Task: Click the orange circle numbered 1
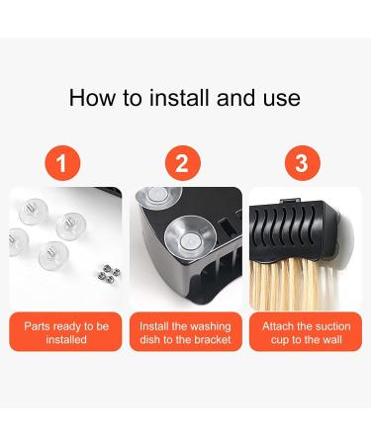pyautogui.click(x=62, y=163)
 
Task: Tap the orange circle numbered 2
pyautogui.click(x=183, y=163)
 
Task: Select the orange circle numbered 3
pyautogui.click(x=303, y=163)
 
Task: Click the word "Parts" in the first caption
pyautogui.click(x=37, y=326)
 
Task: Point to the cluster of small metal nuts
pyautogui.click(x=109, y=273)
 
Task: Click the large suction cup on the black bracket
pyautogui.click(x=190, y=237)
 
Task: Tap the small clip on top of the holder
pyautogui.click(x=290, y=200)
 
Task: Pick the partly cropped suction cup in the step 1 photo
pyautogui.click(x=19, y=241)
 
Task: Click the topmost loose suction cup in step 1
pyautogui.click(x=34, y=211)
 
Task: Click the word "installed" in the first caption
pyautogui.click(x=66, y=339)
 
